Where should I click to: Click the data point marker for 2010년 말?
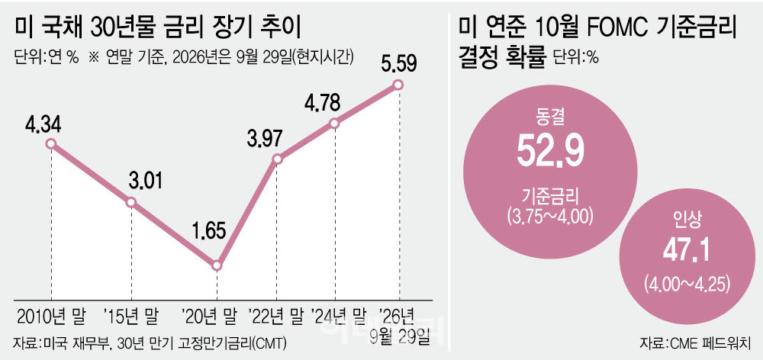click(x=50, y=143)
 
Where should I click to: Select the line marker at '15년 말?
click(x=131, y=202)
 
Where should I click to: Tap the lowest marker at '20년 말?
click(x=217, y=266)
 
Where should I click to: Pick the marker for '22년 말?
click(x=277, y=159)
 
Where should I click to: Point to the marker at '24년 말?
click(x=335, y=124)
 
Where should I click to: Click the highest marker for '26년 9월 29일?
click(x=398, y=85)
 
